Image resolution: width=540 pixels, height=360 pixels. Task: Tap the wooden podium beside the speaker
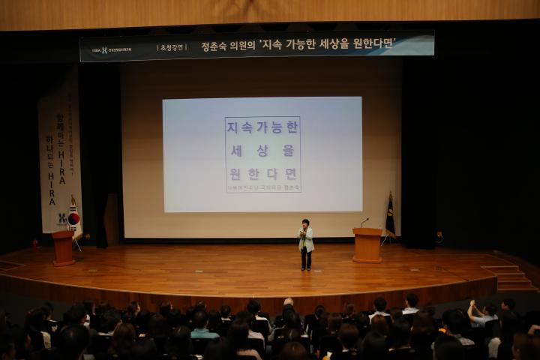click(x=367, y=245)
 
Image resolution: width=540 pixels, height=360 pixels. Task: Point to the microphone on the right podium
click(x=364, y=222)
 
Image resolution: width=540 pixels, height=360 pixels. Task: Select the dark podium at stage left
click(x=63, y=247)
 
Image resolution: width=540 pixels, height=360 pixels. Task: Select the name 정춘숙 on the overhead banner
click(x=215, y=46)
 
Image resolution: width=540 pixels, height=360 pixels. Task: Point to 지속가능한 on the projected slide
click(x=262, y=127)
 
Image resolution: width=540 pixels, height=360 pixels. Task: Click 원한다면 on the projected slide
click(x=262, y=174)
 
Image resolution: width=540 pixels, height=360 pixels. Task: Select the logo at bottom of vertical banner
click(x=62, y=217)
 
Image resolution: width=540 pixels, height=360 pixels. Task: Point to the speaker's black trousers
click(x=306, y=259)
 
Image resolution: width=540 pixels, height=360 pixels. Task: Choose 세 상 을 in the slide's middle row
click(x=262, y=150)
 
